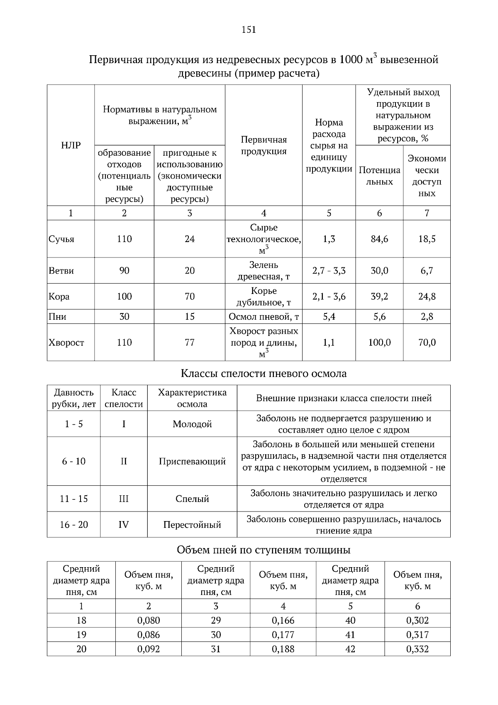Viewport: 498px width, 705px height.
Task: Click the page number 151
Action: pyautogui.click(x=249, y=29)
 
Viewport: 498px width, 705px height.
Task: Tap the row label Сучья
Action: pyautogui.click(x=61, y=239)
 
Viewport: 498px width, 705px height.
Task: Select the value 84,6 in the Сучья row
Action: pyautogui.click(x=379, y=239)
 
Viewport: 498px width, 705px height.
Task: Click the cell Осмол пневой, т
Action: pyautogui.click(x=264, y=317)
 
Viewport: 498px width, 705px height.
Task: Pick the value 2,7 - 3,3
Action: pyautogui.click(x=329, y=271)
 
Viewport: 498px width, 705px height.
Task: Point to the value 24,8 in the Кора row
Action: pyautogui.click(x=427, y=296)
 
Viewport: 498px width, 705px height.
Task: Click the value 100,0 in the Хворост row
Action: pyautogui.click(x=379, y=343)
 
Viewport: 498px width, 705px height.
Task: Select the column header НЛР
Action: pyautogui.click(x=71, y=145)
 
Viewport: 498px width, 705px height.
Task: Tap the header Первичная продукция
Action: pyautogui.click(x=264, y=145)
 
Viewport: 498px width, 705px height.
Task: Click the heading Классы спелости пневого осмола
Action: pyautogui.click(x=264, y=374)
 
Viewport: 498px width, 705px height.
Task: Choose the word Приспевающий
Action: pyautogui.click(x=192, y=461)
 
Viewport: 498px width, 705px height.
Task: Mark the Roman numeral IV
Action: pyautogui.click(x=124, y=525)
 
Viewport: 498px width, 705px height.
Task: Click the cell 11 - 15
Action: pyautogui.click(x=74, y=499)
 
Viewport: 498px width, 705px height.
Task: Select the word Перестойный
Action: pyautogui.click(x=192, y=525)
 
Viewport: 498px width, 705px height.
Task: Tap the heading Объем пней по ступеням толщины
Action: pyautogui.click(x=264, y=550)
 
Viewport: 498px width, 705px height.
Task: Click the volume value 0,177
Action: pyautogui.click(x=283, y=635)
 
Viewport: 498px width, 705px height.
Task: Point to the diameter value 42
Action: pyautogui.click(x=350, y=649)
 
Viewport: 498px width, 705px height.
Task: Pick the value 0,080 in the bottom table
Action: pyautogui.click(x=149, y=621)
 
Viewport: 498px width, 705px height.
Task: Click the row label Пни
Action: pyautogui.click(x=58, y=317)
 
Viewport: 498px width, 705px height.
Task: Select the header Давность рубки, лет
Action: pyautogui.click(x=74, y=398)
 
